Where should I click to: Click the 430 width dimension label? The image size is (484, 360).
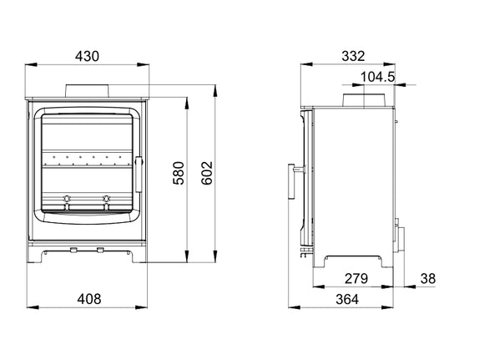87,57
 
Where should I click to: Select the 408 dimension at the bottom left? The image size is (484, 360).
88,298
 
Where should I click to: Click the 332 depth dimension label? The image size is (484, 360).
353,57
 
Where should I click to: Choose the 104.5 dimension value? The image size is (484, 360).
377,77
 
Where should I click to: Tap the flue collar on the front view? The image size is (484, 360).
88,90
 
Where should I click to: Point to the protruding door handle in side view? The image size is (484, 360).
294,181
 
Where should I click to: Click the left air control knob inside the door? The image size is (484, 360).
68,199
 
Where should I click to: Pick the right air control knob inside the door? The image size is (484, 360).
107,199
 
